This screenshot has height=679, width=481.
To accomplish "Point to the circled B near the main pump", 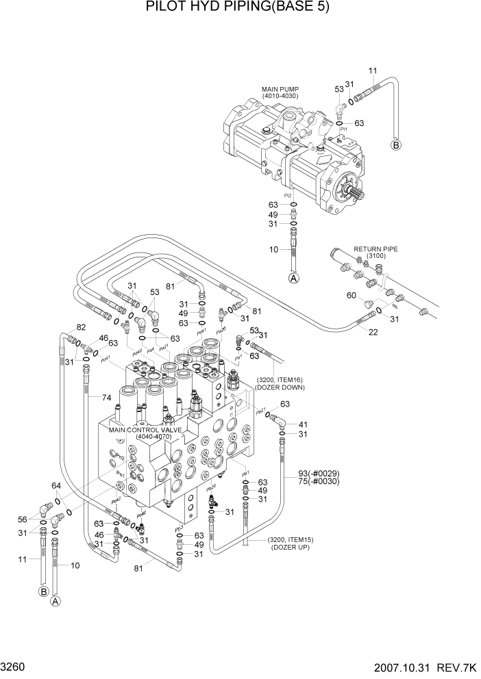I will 395,144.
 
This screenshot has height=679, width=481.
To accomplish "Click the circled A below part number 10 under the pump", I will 293,278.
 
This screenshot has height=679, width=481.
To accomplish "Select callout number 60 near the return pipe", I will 351,296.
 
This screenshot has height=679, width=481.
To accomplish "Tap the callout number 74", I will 106,398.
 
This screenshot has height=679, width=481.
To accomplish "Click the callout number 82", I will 81,327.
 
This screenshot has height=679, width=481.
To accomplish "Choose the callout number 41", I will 302,424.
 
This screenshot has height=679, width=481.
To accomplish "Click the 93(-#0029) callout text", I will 319,473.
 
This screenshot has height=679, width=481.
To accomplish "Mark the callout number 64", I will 57,486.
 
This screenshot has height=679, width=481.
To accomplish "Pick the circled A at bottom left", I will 56,600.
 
